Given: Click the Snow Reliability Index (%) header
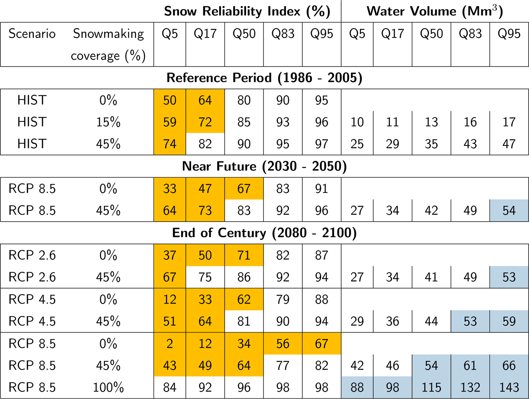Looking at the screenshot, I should tap(247, 11).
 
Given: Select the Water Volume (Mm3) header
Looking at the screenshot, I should tap(435, 11).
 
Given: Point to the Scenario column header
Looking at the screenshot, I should tap(32, 34).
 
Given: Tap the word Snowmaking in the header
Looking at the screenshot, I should tap(108, 34).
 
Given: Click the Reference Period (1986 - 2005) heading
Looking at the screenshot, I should tap(264, 78).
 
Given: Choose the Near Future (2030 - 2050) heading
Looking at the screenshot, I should tap(264, 166).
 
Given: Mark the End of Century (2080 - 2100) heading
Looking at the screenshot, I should tap(264, 233).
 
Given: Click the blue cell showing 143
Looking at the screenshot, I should tap(509, 387).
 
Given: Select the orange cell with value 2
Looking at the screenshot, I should tap(170, 344).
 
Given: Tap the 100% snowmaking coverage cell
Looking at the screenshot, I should tap(108, 387).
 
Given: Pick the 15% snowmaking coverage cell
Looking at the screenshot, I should tap(108, 122).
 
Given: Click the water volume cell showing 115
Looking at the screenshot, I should tap(431, 387).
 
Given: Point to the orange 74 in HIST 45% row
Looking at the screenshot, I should tap(170, 144).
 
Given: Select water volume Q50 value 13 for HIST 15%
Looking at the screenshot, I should tap(431, 122).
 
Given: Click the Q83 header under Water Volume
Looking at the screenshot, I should tap(470, 34).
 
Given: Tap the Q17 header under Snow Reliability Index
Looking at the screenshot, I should tap(205, 34).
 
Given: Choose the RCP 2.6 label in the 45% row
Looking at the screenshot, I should tap(32, 277).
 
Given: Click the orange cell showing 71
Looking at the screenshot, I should tap(244, 255).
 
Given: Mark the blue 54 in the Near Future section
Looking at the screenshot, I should tap(509, 211).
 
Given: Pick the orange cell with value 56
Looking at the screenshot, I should tap(283, 344).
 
